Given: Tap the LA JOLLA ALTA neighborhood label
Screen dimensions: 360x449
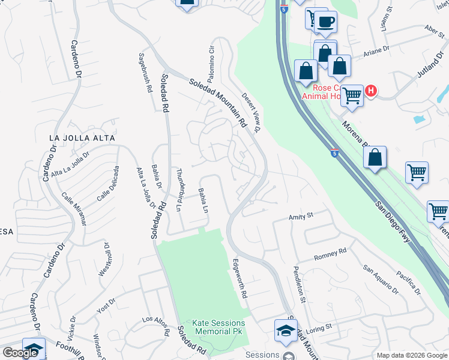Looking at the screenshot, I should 82,138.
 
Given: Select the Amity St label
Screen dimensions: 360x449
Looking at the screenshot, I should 301,215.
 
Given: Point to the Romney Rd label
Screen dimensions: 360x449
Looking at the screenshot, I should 330,254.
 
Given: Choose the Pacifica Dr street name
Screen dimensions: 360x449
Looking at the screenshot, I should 408,283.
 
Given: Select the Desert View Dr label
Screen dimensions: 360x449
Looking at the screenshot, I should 252,112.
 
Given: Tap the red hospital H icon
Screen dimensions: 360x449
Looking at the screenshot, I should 371,91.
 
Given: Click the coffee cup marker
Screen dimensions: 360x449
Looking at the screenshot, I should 325,22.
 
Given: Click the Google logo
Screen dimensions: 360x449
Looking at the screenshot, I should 20,353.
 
